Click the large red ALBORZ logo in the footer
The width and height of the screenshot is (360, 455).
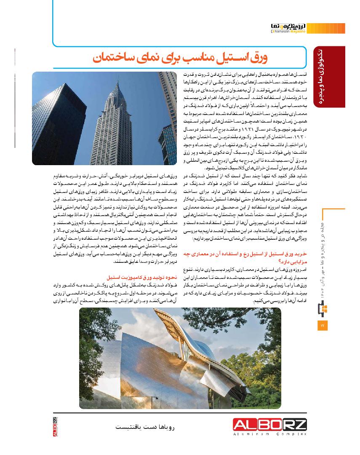pyautogui.click(x=270, y=425)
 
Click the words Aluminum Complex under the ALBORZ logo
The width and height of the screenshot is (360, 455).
pyautogui.click(x=270, y=434)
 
